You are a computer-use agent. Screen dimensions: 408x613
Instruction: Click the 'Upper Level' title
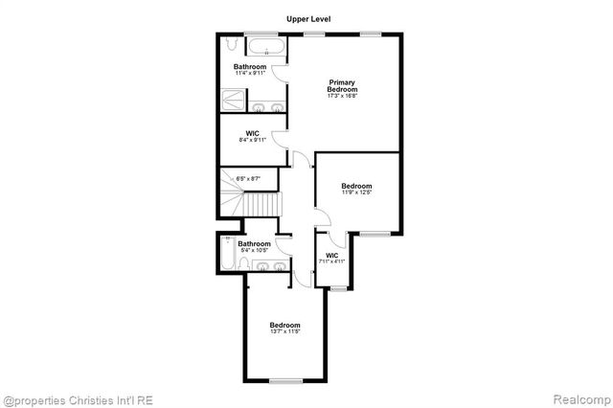[x=307, y=18]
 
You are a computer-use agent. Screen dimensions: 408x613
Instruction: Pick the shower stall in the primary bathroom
[x=233, y=101]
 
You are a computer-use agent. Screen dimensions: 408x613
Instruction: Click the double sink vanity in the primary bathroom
[x=267, y=107]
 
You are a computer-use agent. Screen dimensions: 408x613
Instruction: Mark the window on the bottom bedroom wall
[x=284, y=380]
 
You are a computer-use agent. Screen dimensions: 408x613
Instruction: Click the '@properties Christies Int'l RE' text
[x=77, y=399]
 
